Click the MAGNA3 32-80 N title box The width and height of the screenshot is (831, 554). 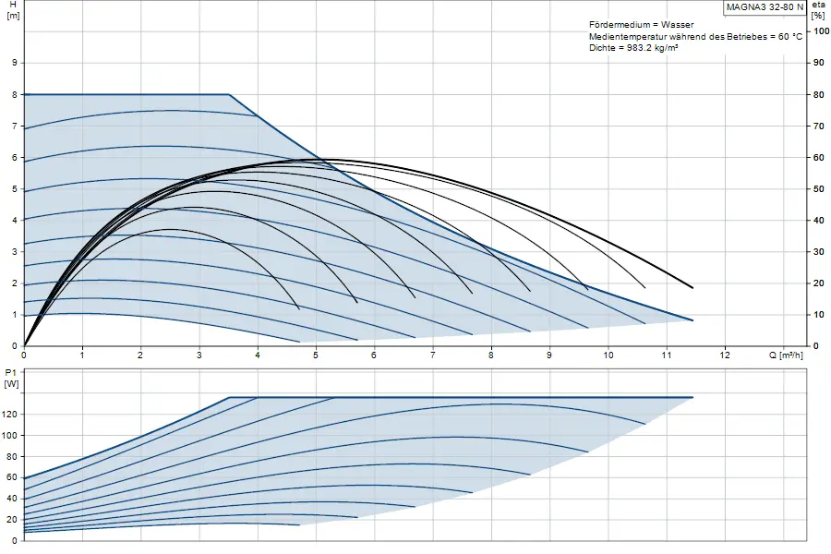point(765,7)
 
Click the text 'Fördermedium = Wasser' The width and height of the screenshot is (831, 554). point(642,24)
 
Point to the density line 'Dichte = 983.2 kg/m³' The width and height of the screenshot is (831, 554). point(633,48)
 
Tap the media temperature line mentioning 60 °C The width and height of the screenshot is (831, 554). point(696,36)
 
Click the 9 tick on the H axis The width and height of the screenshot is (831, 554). point(14,63)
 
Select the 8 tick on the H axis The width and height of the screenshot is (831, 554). point(14,94)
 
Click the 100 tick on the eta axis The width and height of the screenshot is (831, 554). point(821,31)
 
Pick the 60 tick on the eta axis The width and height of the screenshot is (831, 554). point(819,158)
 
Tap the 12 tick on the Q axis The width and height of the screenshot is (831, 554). point(725,355)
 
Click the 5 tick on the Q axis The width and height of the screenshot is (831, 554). point(316,355)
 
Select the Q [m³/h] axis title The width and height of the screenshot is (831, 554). point(786,355)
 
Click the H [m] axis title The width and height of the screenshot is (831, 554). point(13,10)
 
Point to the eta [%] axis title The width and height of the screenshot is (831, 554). point(819,10)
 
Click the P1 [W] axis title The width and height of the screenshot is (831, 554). point(12,378)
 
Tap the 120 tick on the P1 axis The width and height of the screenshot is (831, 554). point(10,414)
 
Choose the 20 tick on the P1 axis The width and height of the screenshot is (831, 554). point(13,520)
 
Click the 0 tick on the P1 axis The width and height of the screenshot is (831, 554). point(15,541)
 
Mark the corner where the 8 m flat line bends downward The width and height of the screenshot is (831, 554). point(229,94)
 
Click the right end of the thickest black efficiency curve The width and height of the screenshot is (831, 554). point(692,288)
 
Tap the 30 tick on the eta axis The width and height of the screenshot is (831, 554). point(819,252)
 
